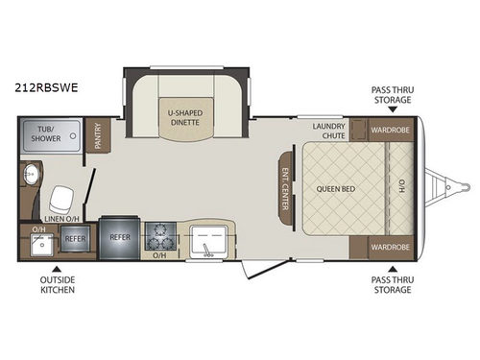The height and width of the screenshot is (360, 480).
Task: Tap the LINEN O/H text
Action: click(60, 219)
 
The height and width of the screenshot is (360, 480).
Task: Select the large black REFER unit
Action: click(119, 235)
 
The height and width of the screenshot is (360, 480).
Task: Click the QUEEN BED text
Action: click(336, 188)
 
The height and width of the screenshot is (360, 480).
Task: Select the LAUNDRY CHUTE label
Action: click(328, 131)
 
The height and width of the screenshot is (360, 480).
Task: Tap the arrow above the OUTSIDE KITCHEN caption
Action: click(56, 268)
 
